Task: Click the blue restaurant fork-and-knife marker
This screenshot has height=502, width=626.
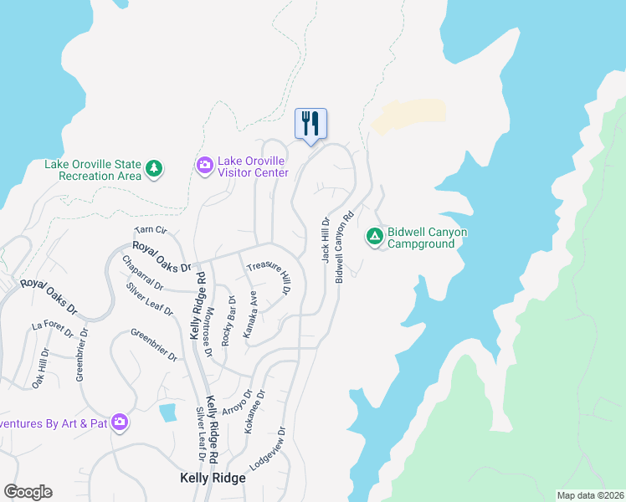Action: point(310,125)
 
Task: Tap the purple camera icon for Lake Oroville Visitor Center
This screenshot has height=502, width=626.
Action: point(204,166)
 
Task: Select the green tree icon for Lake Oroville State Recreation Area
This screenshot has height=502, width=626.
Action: point(153,170)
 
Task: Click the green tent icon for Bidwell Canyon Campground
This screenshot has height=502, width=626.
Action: point(374,238)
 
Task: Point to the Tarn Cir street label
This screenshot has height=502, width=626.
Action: point(151,230)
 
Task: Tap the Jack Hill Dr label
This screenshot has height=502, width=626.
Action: point(326,240)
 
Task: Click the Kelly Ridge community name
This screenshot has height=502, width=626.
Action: point(213,478)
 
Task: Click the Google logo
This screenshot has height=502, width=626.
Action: point(28,492)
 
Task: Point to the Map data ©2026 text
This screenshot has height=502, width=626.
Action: point(590,495)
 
